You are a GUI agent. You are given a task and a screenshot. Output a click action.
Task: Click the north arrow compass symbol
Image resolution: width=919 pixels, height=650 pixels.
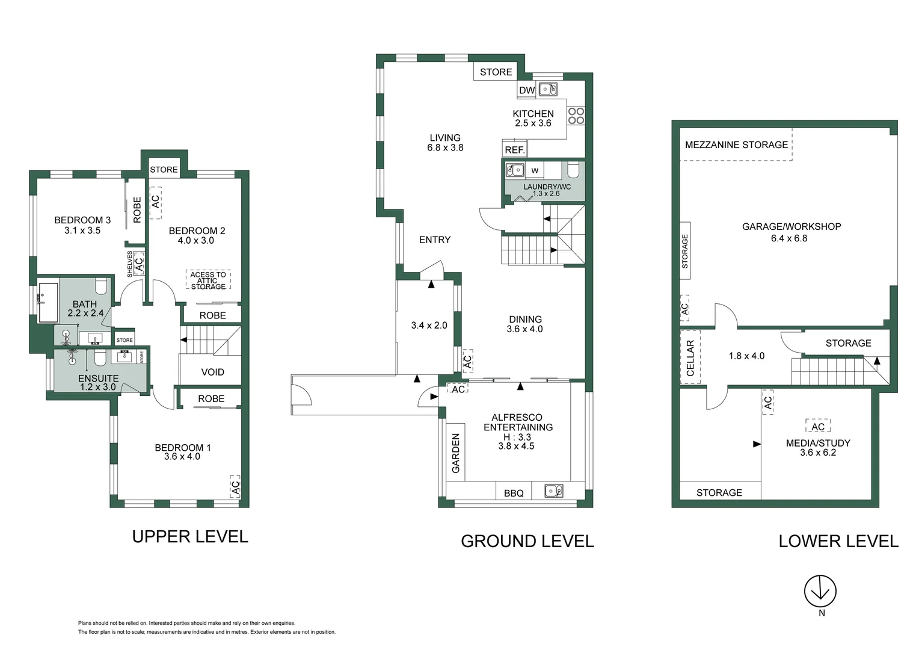(820, 591)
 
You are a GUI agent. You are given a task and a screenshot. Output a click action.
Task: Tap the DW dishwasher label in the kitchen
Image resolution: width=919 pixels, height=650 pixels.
(527, 90)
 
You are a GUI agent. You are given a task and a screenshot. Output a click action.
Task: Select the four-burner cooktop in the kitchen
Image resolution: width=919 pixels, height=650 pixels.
(576, 116)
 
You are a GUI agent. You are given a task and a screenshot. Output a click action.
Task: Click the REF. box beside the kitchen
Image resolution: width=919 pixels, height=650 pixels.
(514, 149)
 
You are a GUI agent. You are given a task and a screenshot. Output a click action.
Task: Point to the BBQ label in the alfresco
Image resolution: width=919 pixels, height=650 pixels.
(514, 493)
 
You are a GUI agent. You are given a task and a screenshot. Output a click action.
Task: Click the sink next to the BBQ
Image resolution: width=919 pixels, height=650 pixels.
(553, 491)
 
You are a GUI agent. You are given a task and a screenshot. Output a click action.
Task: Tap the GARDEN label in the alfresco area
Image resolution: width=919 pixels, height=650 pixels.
(455, 453)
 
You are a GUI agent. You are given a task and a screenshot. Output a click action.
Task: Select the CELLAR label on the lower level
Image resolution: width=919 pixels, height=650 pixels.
(690, 357)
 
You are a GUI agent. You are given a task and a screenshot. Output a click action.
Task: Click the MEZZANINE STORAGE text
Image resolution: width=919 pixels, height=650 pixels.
(736, 144)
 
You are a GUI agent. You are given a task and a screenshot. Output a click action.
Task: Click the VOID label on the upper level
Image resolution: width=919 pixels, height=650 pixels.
(212, 372)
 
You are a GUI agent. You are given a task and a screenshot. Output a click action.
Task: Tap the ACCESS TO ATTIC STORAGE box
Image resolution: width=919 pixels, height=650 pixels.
(208, 280)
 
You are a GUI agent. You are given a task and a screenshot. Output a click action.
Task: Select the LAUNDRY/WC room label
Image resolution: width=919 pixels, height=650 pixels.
(547, 187)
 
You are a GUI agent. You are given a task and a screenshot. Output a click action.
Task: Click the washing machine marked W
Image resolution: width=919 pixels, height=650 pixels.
(535, 170)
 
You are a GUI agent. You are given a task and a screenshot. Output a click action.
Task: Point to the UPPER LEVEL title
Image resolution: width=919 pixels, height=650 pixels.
(189, 536)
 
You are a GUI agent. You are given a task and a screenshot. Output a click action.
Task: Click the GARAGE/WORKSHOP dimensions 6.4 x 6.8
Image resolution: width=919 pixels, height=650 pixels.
(789, 238)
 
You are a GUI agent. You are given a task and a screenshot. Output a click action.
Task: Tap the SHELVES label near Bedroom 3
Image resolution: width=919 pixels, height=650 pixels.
(129, 264)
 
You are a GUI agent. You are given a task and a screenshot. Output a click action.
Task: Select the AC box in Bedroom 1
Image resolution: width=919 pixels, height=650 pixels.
(235, 486)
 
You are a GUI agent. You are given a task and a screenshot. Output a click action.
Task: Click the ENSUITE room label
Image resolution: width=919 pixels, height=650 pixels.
(98, 378)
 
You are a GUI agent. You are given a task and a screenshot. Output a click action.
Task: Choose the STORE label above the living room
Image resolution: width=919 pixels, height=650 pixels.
(496, 72)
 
